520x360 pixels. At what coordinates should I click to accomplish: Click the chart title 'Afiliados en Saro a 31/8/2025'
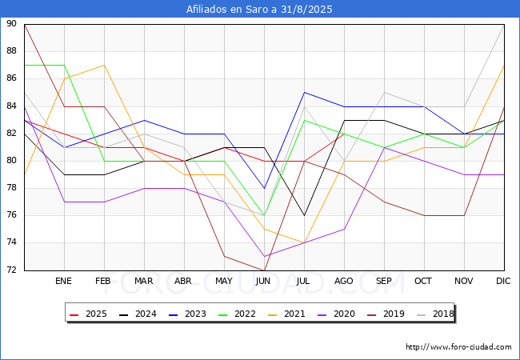coord(259,10)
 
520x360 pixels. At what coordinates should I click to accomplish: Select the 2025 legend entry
coord(88,314)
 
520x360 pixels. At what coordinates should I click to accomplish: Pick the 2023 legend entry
coord(187,314)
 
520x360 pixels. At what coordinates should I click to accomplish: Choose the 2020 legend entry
coord(336,314)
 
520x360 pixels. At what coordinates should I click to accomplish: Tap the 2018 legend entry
coord(435,314)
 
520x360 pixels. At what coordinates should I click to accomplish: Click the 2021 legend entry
coord(286,314)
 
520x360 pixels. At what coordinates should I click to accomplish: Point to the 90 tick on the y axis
coord(11,23)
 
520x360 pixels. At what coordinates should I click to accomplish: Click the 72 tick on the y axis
coord(11,270)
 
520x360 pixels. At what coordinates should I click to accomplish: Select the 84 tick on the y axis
coord(11,106)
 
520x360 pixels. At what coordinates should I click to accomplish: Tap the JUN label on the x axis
coord(263,281)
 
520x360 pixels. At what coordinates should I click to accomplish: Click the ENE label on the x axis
coord(63,281)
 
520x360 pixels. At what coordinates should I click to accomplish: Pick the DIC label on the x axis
coord(503,281)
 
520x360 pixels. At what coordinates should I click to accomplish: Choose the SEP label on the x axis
coord(384,281)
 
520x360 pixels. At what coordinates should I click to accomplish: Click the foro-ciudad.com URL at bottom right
coord(458,347)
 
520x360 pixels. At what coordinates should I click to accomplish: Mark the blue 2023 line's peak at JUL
coord(305,93)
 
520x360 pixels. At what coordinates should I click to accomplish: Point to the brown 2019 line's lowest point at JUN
coord(264,270)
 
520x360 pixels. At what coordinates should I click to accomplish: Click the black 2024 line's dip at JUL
coord(305,215)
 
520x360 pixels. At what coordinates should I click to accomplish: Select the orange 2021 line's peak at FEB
coord(105,65)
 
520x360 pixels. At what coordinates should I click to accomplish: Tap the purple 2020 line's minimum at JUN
coord(264,256)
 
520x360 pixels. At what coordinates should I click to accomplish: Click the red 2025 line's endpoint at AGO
coord(344,134)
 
